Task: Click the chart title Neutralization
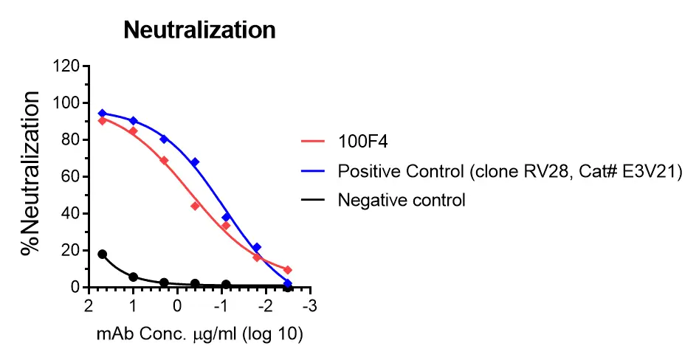199,30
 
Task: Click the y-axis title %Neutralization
31,174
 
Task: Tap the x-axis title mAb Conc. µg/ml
200,333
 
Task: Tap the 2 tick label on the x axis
89,306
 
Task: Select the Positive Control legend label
510,171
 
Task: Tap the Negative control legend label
402,200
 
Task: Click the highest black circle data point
103,254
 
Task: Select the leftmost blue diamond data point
103,114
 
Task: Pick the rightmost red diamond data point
288,270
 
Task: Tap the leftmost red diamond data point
103,120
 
